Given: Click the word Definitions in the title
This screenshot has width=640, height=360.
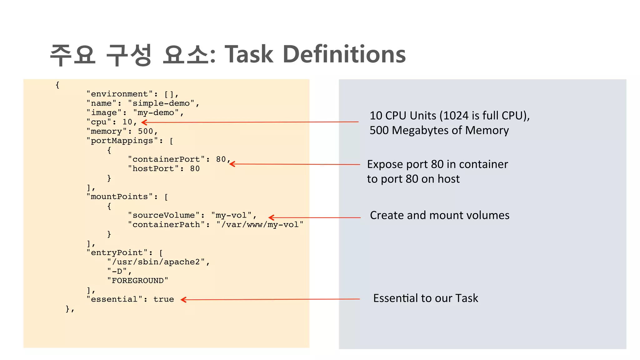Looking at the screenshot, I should click(344, 54).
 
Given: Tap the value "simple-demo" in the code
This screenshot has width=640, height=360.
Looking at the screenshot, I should click(161, 103).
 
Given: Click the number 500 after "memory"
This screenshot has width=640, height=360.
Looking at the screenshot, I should click(146, 132).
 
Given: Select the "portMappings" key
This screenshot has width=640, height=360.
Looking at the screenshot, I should click(122, 141).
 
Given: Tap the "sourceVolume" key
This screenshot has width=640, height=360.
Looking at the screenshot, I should click(164, 215).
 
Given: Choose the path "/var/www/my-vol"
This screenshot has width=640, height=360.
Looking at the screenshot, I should click(260, 225).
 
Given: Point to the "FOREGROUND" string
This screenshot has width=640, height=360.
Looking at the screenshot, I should click(137, 281).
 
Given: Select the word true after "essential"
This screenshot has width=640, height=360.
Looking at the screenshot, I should click(163, 299).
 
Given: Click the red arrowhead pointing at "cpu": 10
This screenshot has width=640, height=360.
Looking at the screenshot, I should click(144, 122).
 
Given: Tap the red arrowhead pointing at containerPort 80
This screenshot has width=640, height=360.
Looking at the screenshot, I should click(232, 164).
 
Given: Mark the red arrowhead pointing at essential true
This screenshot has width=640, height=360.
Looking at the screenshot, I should click(184, 300).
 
